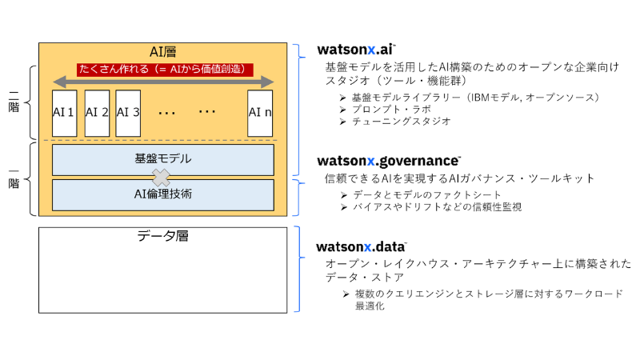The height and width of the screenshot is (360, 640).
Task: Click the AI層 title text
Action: (x=162, y=52)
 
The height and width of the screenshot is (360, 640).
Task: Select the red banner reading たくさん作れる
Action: (x=165, y=70)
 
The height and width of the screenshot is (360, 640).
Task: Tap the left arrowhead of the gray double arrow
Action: (x=58, y=82)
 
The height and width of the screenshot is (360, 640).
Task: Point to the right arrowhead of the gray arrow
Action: (x=267, y=82)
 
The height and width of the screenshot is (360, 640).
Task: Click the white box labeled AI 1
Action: (x=64, y=113)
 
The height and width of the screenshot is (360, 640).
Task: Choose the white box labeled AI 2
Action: (x=97, y=113)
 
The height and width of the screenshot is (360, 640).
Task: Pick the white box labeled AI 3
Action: (x=128, y=113)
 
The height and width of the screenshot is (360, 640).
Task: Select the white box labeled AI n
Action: (x=260, y=113)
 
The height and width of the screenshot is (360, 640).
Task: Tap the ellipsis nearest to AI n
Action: (x=207, y=111)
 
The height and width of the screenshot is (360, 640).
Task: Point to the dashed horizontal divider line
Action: (x=160, y=140)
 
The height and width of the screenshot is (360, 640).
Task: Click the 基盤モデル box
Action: (x=162, y=159)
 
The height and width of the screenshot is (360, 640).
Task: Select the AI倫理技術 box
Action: (x=162, y=194)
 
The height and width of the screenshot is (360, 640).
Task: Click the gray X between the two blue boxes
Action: (x=162, y=177)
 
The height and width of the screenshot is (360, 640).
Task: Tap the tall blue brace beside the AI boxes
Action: (x=299, y=110)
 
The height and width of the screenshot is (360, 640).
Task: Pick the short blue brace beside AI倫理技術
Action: (x=298, y=198)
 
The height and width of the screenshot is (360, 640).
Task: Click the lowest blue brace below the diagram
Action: (x=299, y=269)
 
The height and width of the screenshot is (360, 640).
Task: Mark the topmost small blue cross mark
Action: (x=371, y=50)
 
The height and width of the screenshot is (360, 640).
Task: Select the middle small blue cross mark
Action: (x=371, y=162)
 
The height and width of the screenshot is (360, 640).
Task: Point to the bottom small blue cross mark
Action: (x=368, y=248)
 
